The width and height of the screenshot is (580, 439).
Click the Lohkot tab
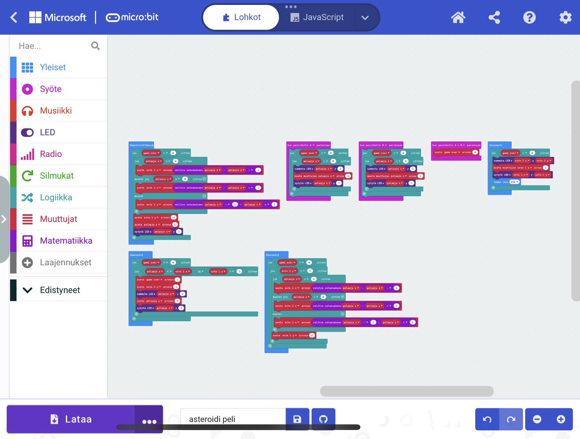pyautogui.click(x=241, y=17)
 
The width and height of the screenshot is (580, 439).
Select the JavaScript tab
pyautogui.click(x=317, y=17)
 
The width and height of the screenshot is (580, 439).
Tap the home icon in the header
pyautogui.click(x=458, y=17)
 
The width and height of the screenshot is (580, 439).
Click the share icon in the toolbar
pyautogui.click(x=494, y=17)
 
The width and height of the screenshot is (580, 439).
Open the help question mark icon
pyautogui.click(x=529, y=17)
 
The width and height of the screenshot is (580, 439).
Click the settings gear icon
pyautogui.click(x=565, y=17)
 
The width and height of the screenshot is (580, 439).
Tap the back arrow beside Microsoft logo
pyautogui.click(x=14, y=17)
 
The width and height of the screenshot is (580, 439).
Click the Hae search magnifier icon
pyautogui.click(x=95, y=46)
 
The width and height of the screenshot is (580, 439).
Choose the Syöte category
pyautogui.click(x=51, y=89)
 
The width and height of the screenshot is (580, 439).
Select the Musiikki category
pyautogui.click(x=56, y=111)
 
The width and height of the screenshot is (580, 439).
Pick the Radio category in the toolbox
pyautogui.click(x=51, y=154)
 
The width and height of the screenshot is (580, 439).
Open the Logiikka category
pyautogui.click(x=56, y=197)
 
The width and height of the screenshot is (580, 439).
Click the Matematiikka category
pyautogui.click(x=66, y=241)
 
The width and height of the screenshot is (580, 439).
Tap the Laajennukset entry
pyautogui.click(x=65, y=262)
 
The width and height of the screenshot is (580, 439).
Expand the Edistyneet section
pyautogui.click(x=60, y=290)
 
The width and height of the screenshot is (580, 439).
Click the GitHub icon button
pyautogui.click(x=323, y=419)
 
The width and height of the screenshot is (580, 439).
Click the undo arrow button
pyautogui.click(x=487, y=419)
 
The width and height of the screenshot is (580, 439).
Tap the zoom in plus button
pyautogui.click(x=561, y=419)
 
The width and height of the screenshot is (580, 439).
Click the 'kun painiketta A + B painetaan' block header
pyautogui.click(x=456, y=145)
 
